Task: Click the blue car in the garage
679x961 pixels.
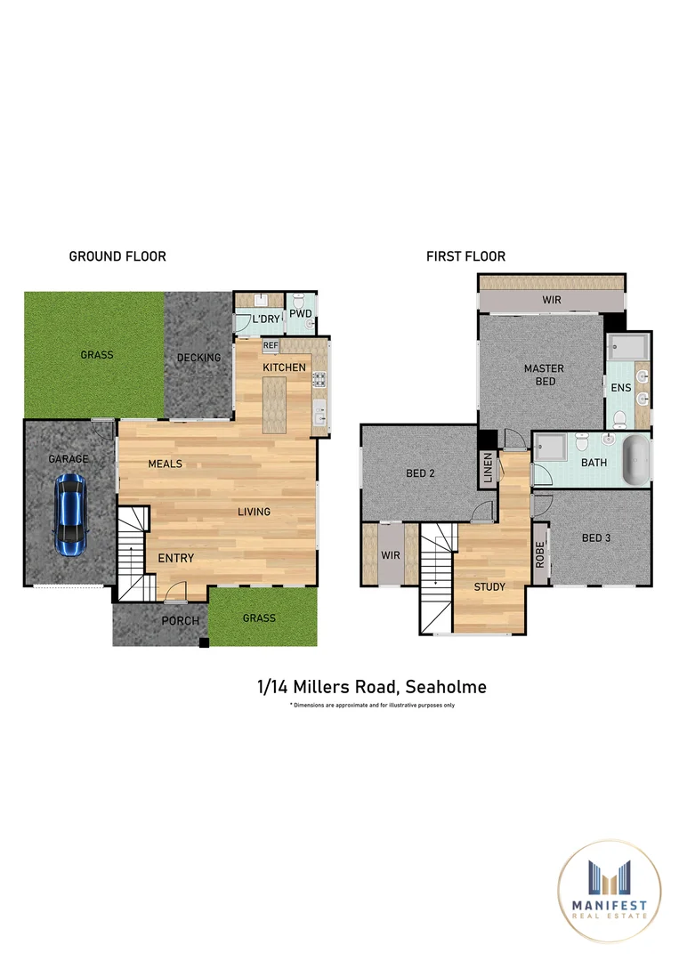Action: [71, 515]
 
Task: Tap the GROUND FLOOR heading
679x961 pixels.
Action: [117, 256]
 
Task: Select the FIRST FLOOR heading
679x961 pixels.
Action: [465, 256]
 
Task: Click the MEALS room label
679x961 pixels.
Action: [165, 464]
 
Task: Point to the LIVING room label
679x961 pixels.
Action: [254, 512]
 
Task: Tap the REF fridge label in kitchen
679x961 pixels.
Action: [271, 345]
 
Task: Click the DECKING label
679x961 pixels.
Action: [198, 358]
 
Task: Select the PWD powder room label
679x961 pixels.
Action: [301, 314]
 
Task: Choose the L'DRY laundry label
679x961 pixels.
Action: [264, 319]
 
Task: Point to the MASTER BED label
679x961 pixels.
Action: [544, 375]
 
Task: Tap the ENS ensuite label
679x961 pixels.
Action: [619, 388]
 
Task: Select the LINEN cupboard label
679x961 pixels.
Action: [488, 468]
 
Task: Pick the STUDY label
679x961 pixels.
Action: [489, 587]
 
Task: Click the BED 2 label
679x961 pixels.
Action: [420, 473]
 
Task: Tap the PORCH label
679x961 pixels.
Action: [180, 620]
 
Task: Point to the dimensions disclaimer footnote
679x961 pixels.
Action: [372, 705]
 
